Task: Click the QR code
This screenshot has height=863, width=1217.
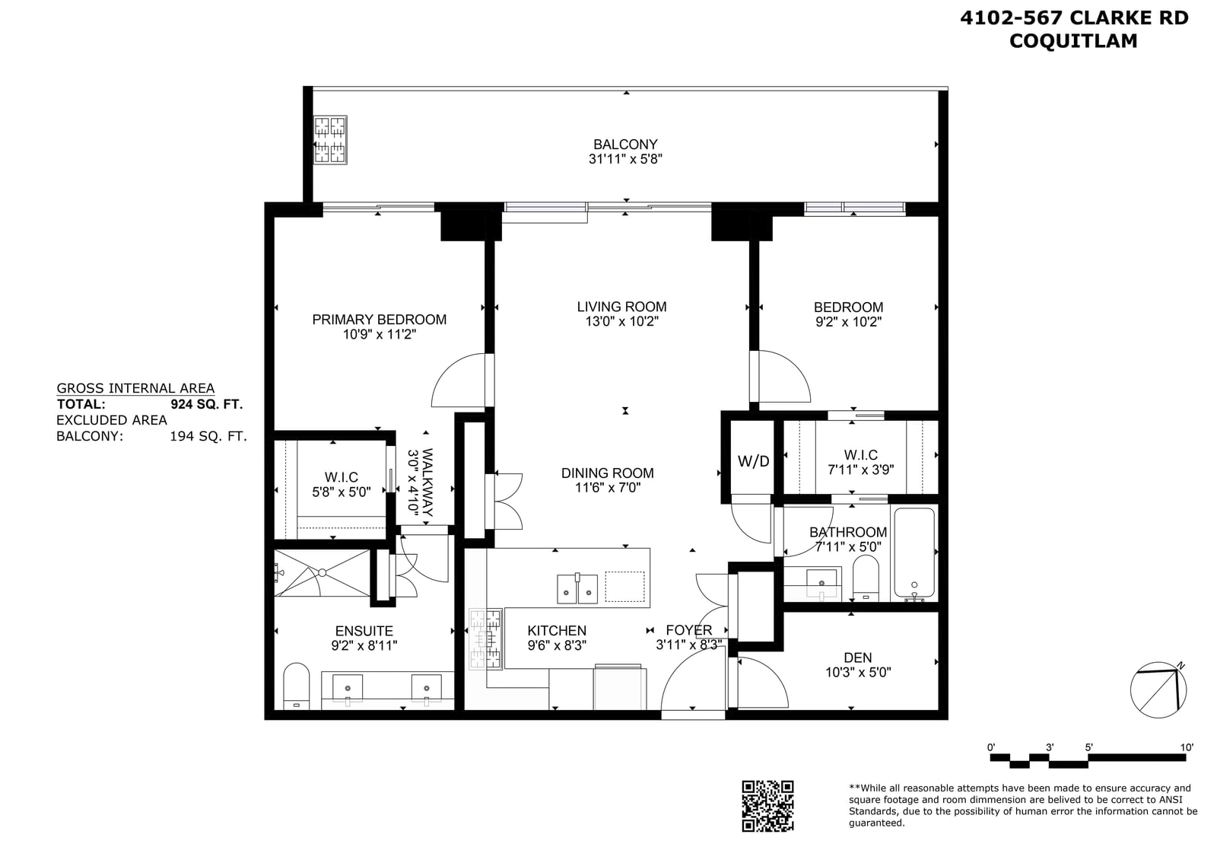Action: click(x=767, y=806)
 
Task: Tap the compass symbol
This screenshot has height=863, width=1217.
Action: click(x=1158, y=690)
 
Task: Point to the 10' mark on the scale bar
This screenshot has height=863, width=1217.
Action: click(x=1187, y=747)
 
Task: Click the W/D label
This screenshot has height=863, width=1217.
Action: click(x=753, y=461)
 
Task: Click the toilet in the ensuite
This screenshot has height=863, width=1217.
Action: click(x=296, y=686)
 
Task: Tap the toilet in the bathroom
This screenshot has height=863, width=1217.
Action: click(x=866, y=578)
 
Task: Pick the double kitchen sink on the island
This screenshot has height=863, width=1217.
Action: click(x=577, y=588)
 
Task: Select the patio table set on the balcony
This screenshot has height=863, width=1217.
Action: click(x=330, y=140)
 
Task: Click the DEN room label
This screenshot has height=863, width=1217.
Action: click(x=858, y=658)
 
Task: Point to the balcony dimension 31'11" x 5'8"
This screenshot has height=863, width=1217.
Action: click(x=625, y=159)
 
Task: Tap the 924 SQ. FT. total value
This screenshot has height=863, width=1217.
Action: click(x=206, y=404)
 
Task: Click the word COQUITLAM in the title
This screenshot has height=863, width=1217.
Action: click(x=1073, y=41)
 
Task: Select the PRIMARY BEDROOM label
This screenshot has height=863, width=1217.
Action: click(x=380, y=320)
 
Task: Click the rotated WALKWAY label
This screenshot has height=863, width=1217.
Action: click(x=427, y=482)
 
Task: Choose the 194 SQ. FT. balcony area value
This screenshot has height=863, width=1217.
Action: click(x=208, y=436)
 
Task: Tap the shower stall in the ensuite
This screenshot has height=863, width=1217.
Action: click(x=322, y=573)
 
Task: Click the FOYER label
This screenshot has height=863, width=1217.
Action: click(x=689, y=630)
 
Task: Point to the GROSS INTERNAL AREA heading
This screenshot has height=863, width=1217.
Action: click(x=136, y=389)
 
